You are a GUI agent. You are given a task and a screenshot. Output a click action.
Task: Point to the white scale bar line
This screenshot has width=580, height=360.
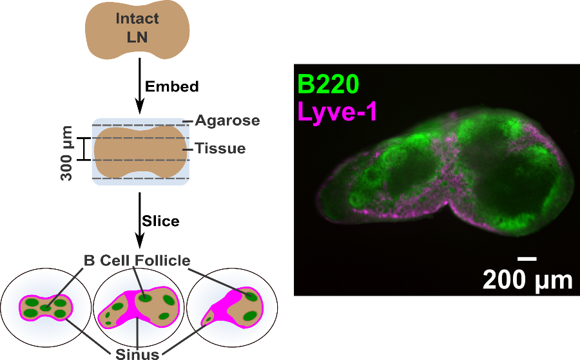[527, 259]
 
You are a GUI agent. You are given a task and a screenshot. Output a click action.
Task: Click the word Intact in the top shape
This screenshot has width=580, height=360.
[137, 18]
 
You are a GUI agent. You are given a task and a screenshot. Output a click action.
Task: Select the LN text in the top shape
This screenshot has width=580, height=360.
[137, 37]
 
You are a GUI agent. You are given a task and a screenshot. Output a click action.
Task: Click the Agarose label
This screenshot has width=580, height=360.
[227, 120]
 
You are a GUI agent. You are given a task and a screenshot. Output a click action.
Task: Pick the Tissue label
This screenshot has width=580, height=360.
[220, 149]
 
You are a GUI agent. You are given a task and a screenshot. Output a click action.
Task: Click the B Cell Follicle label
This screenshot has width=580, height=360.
[137, 261]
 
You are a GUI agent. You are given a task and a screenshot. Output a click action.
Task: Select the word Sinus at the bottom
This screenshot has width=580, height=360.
[137, 352]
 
